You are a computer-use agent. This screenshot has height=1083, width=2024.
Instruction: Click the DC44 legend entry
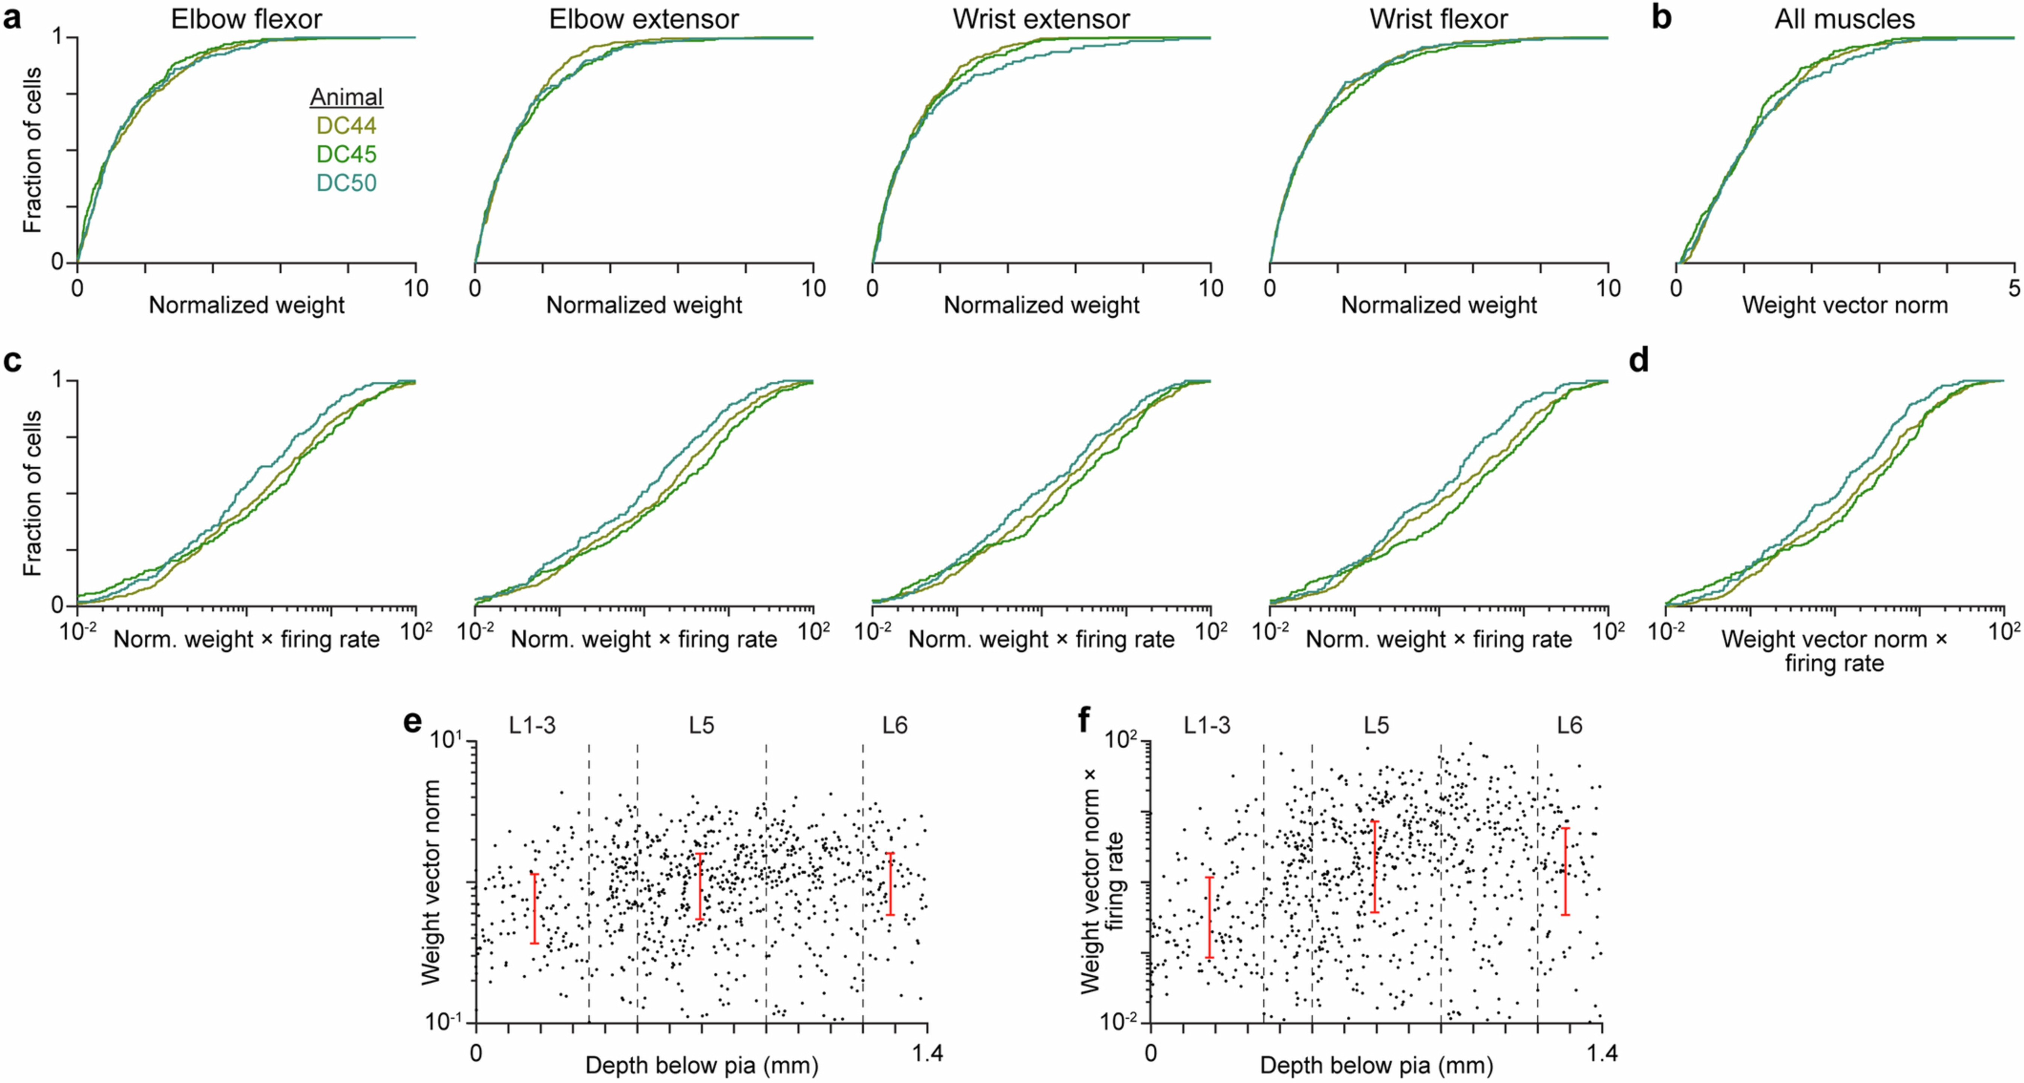(x=347, y=126)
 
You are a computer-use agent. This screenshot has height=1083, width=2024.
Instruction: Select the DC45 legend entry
(x=347, y=154)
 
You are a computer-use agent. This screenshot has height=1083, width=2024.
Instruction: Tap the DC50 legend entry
(x=347, y=183)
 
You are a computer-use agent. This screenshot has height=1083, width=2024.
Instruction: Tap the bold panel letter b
(x=1661, y=17)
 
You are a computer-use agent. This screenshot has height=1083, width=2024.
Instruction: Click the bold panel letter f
(x=1084, y=720)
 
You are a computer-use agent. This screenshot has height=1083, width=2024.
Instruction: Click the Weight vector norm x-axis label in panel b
(x=1845, y=305)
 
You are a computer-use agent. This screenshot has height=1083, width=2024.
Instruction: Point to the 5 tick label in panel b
(x=2014, y=288)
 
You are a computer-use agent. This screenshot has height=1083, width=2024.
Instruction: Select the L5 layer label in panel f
(x=1376, y=725)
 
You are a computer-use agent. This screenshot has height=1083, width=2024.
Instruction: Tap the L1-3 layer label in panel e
(x=532, y=725)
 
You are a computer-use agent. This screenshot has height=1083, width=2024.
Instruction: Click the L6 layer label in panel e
(x=894, y=725)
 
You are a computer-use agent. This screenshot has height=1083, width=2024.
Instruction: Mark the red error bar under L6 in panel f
(x=1565, y=871)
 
